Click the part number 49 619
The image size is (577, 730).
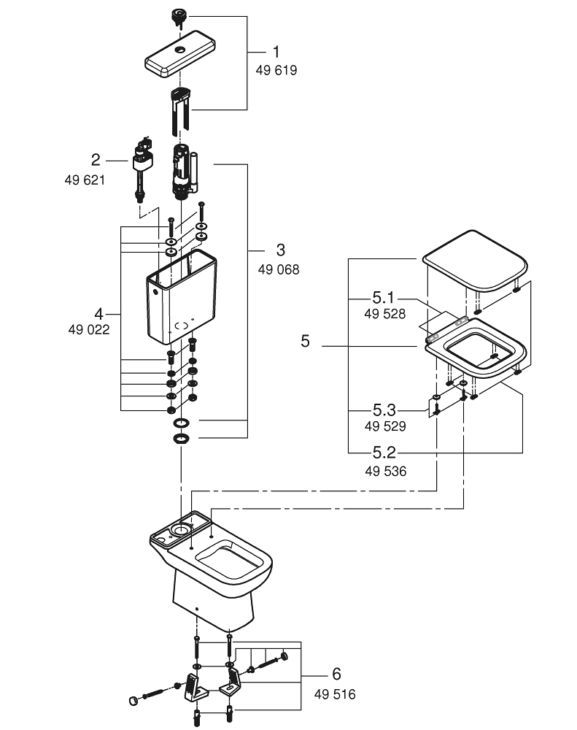(x=276, y=71)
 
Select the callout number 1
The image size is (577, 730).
(x=276, y=52)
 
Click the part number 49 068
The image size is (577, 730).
(x=278, y=269)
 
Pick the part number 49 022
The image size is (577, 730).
(x=90, y=329)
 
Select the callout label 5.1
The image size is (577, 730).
(x=382, y=298)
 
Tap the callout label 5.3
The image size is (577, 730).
(x=384, y=410)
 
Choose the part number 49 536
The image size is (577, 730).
(x=385, y=472)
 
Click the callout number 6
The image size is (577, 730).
(x=336, y=674)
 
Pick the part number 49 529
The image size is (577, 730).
(x=385, y=426)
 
